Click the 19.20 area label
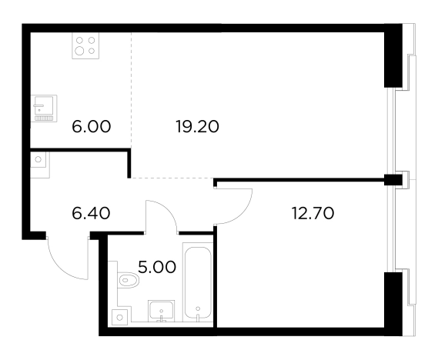[x=197, y=127]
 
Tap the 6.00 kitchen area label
[x=92, y=127]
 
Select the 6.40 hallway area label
[x=91, y=214]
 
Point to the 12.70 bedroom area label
[x=313, y=214]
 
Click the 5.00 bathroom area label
[x=157, y=267]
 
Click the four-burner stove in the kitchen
[x=85, y=45]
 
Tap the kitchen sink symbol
[x=45, y=108]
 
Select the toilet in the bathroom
[x=129, y=280]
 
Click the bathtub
[x=198, y=282]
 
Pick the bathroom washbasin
[x=162, y=311]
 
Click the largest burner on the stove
[x=79, y=51]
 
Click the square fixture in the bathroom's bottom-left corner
[x=120, y=317]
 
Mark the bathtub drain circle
[x=198, y=308]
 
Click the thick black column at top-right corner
[x=393, y=56]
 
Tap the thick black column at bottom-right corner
[x=393, y=304]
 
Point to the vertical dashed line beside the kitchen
[x=132, y=90]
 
